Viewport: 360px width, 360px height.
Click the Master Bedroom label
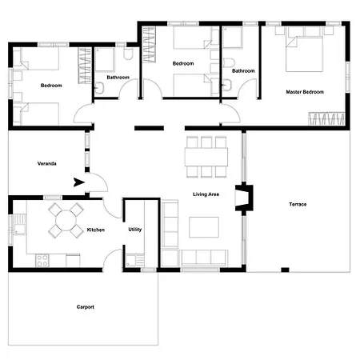(x=305, y=92)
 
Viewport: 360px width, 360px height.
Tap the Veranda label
(x=47, y=163)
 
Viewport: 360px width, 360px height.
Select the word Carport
(x=86, y=307)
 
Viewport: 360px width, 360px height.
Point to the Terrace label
(x=298, y=204)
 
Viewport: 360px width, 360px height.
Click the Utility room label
(x=135, y=230)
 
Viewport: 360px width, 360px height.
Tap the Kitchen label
(x=96, y=230)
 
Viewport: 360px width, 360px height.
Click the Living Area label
(x=206, y=194)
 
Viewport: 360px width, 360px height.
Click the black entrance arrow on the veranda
(x=79, y=182)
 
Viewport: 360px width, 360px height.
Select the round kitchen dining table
(x=66, y=221)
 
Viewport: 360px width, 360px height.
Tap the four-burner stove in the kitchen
(x=42, y=261)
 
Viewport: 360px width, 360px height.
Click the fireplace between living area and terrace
(x=244, y=198)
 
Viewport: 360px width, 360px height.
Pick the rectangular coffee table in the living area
(x=204, y=227)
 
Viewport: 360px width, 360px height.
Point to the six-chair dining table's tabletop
(x=206, y=157)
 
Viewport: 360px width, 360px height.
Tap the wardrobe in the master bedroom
(x=326, y=118)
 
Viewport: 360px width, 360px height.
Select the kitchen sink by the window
(x=20, y=225)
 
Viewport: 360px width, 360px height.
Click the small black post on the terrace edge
(x=285, y=270)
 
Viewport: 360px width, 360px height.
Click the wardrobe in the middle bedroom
(x=149, y=45)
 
